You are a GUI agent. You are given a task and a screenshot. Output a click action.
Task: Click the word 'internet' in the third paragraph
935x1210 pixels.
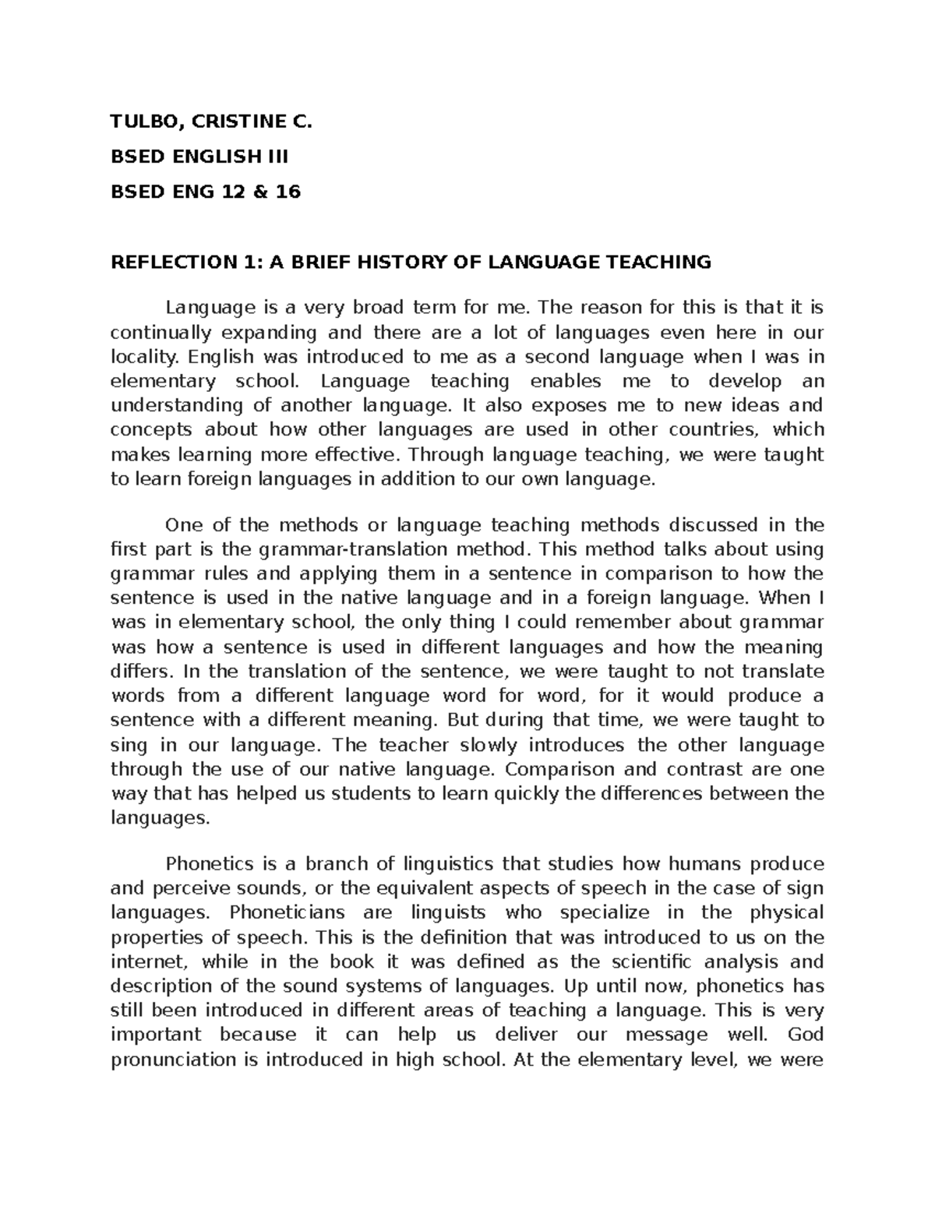pyautogui.click(x=143, y=961)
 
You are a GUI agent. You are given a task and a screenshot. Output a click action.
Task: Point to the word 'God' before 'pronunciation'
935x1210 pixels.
pyautogui.click(x=806, y=1035)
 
